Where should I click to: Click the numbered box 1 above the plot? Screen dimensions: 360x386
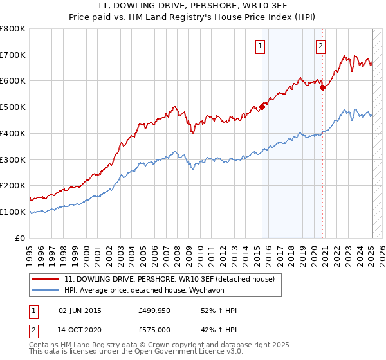click(260, 46)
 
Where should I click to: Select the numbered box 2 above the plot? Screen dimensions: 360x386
click(320, 46)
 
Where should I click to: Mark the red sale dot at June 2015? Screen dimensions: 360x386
click(262, 107)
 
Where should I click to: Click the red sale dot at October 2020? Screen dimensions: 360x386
click(323, 87)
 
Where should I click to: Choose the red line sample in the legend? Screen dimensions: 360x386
click(46, 279)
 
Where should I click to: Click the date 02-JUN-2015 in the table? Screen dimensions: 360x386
click(80, 310)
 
